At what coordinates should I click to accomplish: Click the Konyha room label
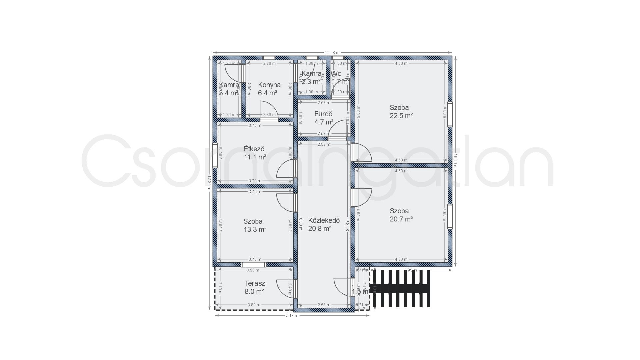[269, 89]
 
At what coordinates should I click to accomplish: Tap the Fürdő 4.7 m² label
[324, 118]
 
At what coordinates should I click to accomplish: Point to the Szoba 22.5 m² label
[401, 112]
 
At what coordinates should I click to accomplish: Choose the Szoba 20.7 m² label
[401, 215]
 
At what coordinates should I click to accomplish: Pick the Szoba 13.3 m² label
[255, 225]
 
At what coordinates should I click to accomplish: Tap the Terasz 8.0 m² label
[255, 287]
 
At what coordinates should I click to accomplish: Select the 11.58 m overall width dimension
[332, 52]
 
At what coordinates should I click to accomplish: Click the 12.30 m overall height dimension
[209, 182]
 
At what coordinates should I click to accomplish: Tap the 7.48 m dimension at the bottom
[292, 315]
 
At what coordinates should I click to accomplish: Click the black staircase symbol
[402, 288]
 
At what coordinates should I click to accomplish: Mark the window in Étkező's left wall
[215, 155]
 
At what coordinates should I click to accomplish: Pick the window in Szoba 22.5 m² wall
[450, 114]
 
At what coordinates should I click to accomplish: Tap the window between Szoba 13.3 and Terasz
[254, 265]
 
